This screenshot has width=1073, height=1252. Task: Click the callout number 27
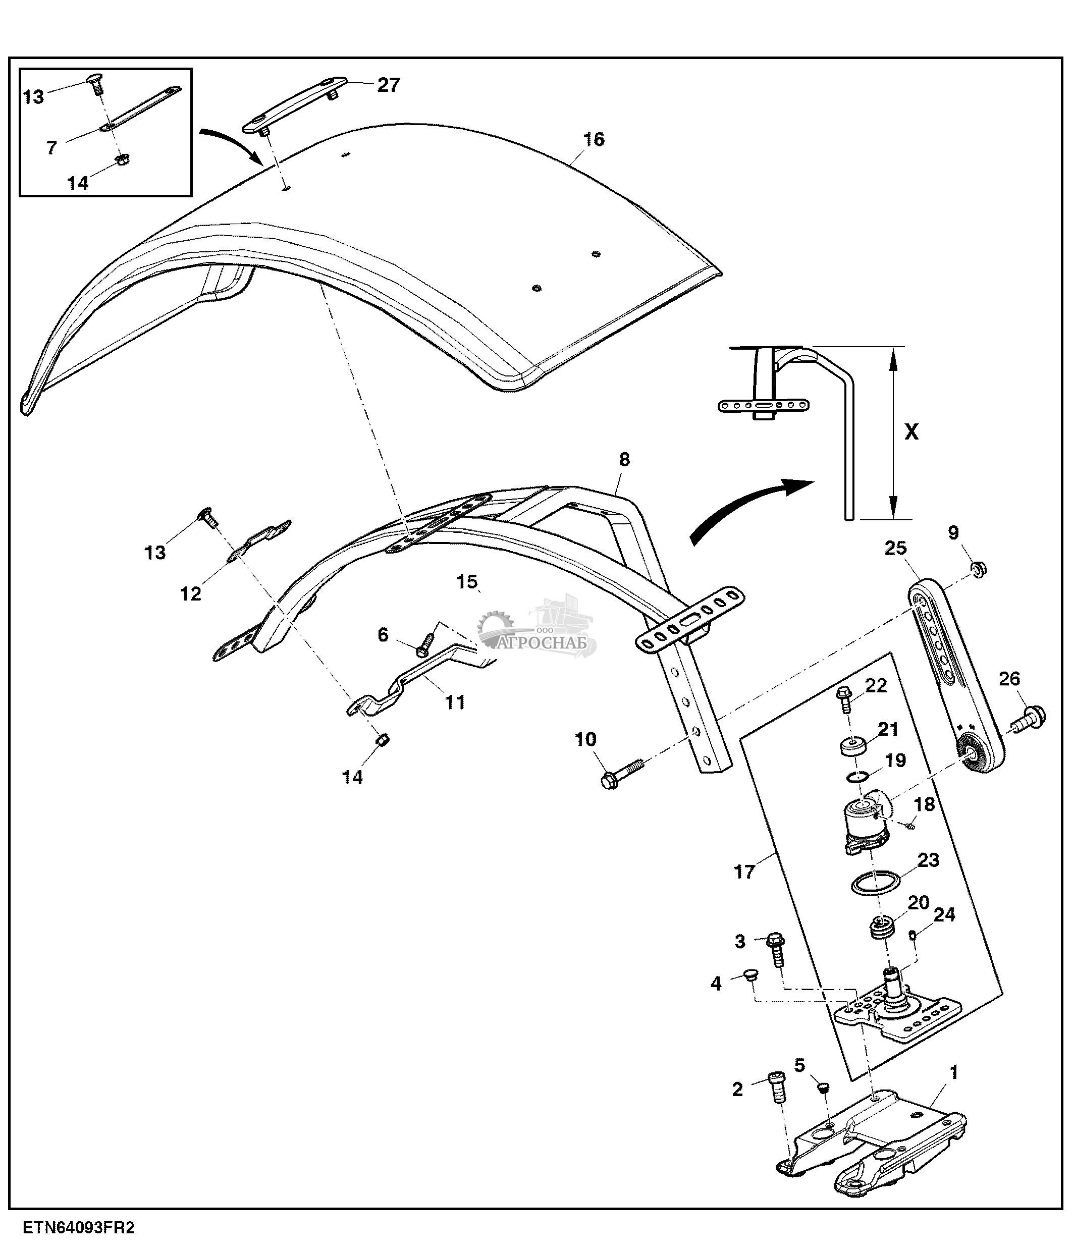tap(389, 85)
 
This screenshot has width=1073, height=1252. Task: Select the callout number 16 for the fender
tap(594, 140)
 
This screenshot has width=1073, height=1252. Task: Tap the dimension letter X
tap(911, 431)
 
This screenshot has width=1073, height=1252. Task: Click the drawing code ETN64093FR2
tap(79, 1228)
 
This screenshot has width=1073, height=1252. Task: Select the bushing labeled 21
tap(853, 747)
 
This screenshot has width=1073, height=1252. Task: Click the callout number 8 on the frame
tap(624, 459)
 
